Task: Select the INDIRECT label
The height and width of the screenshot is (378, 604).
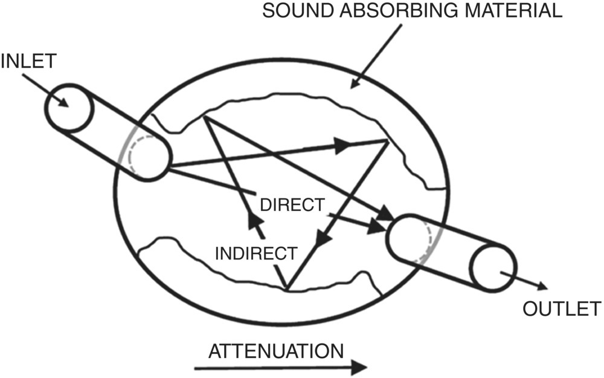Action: click(256, 253)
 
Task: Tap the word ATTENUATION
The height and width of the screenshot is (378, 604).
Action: click(276, 351)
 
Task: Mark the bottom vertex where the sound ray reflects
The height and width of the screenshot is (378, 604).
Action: click(288, 288)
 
